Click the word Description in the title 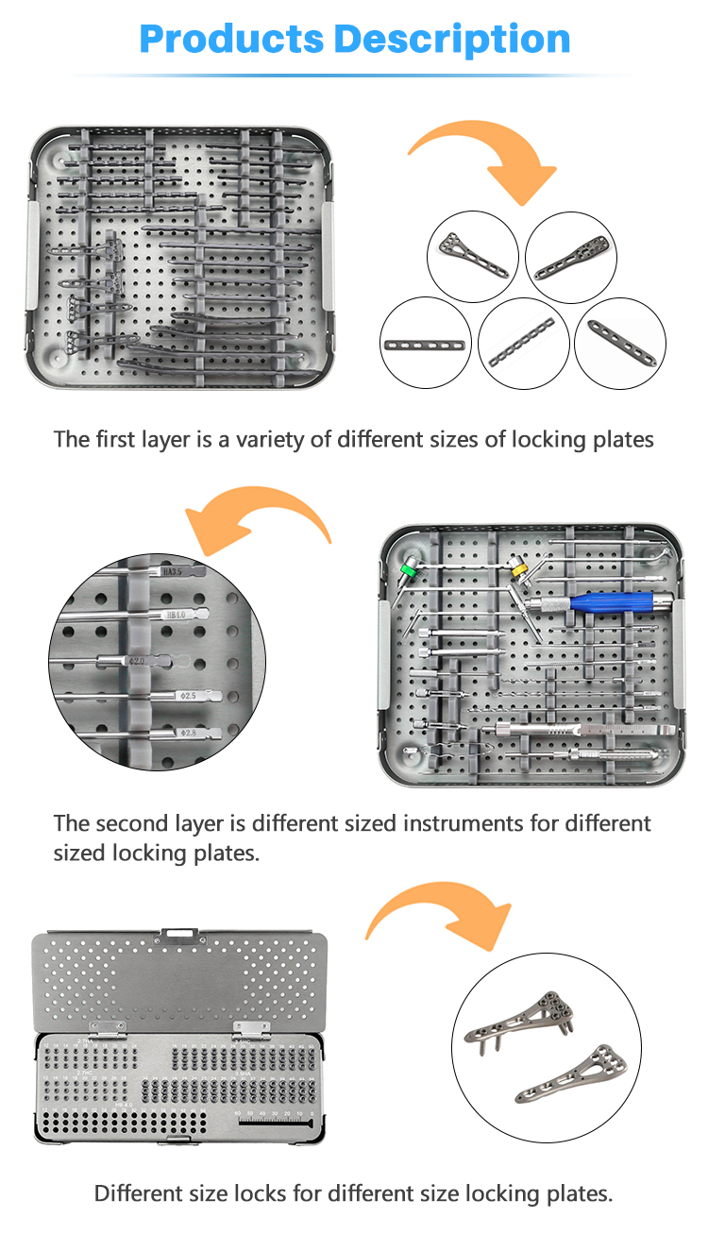click(452, 40)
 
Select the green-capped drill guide click(411, 570)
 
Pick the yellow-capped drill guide click(517, 569)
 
